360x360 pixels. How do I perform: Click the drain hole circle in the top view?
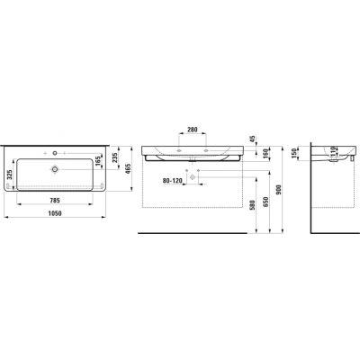coord(55,168)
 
